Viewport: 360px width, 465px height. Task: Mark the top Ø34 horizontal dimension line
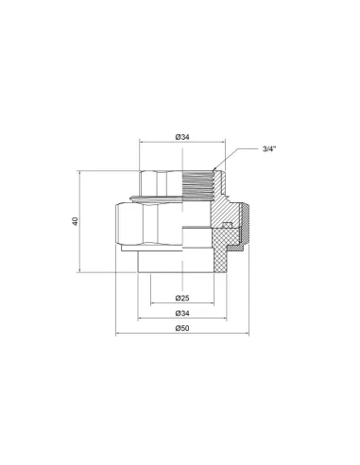(x=161, y=144)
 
